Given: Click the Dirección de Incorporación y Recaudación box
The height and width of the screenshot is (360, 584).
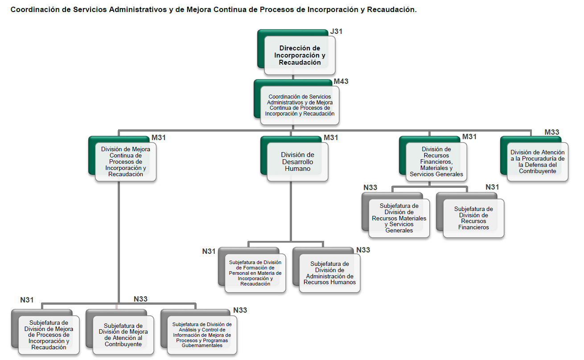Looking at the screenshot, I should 300,55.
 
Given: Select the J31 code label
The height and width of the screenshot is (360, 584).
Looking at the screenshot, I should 337,32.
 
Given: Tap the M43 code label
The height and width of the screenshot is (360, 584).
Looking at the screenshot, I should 341,82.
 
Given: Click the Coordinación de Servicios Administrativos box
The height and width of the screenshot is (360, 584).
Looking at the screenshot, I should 300,105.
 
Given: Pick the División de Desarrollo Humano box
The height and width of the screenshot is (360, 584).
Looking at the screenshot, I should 297,161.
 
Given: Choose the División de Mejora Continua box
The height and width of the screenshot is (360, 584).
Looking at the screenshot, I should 125,161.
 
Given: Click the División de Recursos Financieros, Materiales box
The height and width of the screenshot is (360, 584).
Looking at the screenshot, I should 436,161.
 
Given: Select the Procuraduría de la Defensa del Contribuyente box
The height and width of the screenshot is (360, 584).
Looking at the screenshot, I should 537,161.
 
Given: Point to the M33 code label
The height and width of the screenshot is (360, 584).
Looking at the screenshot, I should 552,132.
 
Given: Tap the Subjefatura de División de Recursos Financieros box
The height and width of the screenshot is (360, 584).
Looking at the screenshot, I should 473,218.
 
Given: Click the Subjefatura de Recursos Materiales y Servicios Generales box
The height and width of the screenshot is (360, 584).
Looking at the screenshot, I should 399,218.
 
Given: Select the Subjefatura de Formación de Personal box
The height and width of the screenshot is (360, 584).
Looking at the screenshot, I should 255,273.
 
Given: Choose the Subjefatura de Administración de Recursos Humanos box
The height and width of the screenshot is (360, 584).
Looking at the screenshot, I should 329,273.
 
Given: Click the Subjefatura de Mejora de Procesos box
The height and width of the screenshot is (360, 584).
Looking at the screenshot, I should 49,335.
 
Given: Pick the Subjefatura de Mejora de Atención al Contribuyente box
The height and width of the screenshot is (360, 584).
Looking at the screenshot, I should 123,335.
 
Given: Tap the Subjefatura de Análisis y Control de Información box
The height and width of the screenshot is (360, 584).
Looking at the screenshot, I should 202,335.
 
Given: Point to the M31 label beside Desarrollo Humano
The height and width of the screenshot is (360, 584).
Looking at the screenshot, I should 331,137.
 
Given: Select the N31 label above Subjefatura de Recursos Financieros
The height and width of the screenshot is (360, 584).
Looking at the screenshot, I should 492,187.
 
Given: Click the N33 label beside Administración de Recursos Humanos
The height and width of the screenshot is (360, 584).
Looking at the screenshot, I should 363,250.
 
